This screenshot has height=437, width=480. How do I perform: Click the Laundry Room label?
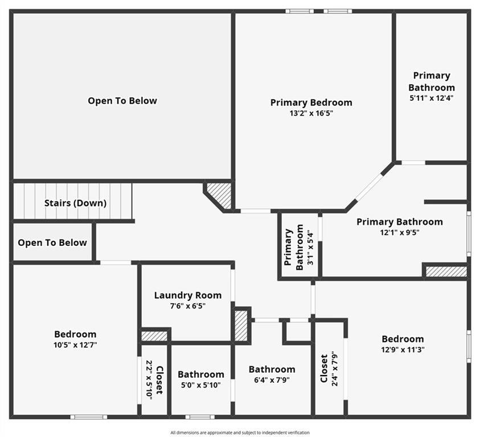tap(188, 295)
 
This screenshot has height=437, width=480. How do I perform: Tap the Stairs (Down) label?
tap(75, 203)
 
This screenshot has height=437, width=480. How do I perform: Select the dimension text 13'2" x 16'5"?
tap(311, 113)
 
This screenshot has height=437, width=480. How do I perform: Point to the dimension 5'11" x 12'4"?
tap(432, 98)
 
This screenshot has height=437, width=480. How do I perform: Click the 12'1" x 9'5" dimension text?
tap(400, 232)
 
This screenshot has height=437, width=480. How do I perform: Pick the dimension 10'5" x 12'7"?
tap(75, 345)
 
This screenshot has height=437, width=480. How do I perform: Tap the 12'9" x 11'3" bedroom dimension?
tap(403, 349)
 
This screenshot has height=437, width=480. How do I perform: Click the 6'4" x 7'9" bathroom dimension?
tap(272, 380)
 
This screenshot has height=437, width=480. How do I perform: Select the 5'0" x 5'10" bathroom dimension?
tap(201, 385)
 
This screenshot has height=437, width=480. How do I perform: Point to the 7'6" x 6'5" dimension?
tap(188, 306)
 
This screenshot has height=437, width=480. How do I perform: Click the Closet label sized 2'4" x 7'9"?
tap(324, 369)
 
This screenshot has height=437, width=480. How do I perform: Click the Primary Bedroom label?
tap(311, 102)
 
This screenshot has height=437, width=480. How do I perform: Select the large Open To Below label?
tap(122, 101)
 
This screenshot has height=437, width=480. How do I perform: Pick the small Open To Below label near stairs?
tap(52, 242)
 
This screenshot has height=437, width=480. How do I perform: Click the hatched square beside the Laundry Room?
tap(241, 326)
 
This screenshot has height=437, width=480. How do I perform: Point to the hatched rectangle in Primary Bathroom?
tap(446, 272)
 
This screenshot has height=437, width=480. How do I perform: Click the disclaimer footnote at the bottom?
tap(240, 432)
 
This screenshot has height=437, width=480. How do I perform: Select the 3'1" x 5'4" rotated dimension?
tap(310, 248)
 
